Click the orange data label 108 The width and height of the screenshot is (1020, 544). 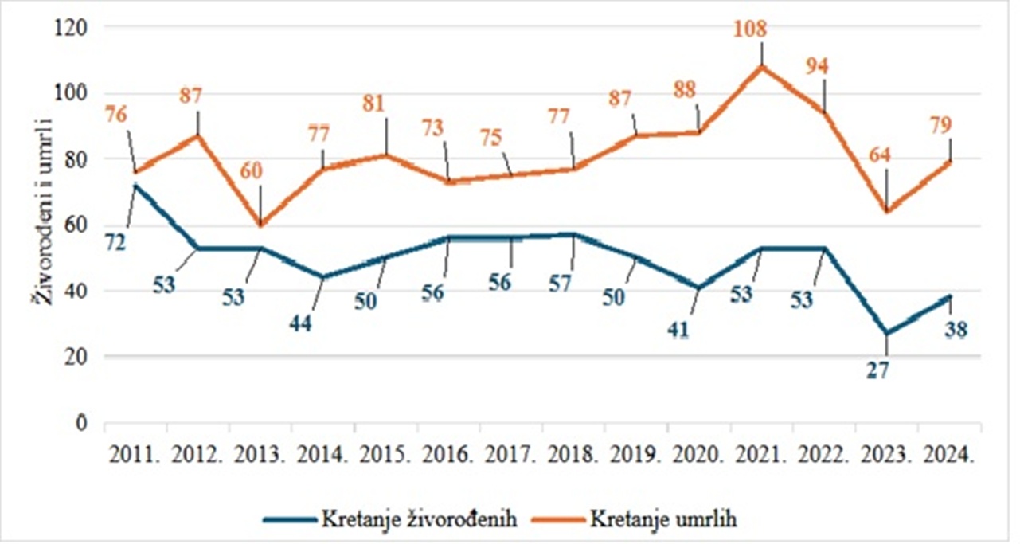751,30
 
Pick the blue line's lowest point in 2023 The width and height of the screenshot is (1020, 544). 886,334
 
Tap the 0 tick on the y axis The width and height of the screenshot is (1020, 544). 81,423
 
